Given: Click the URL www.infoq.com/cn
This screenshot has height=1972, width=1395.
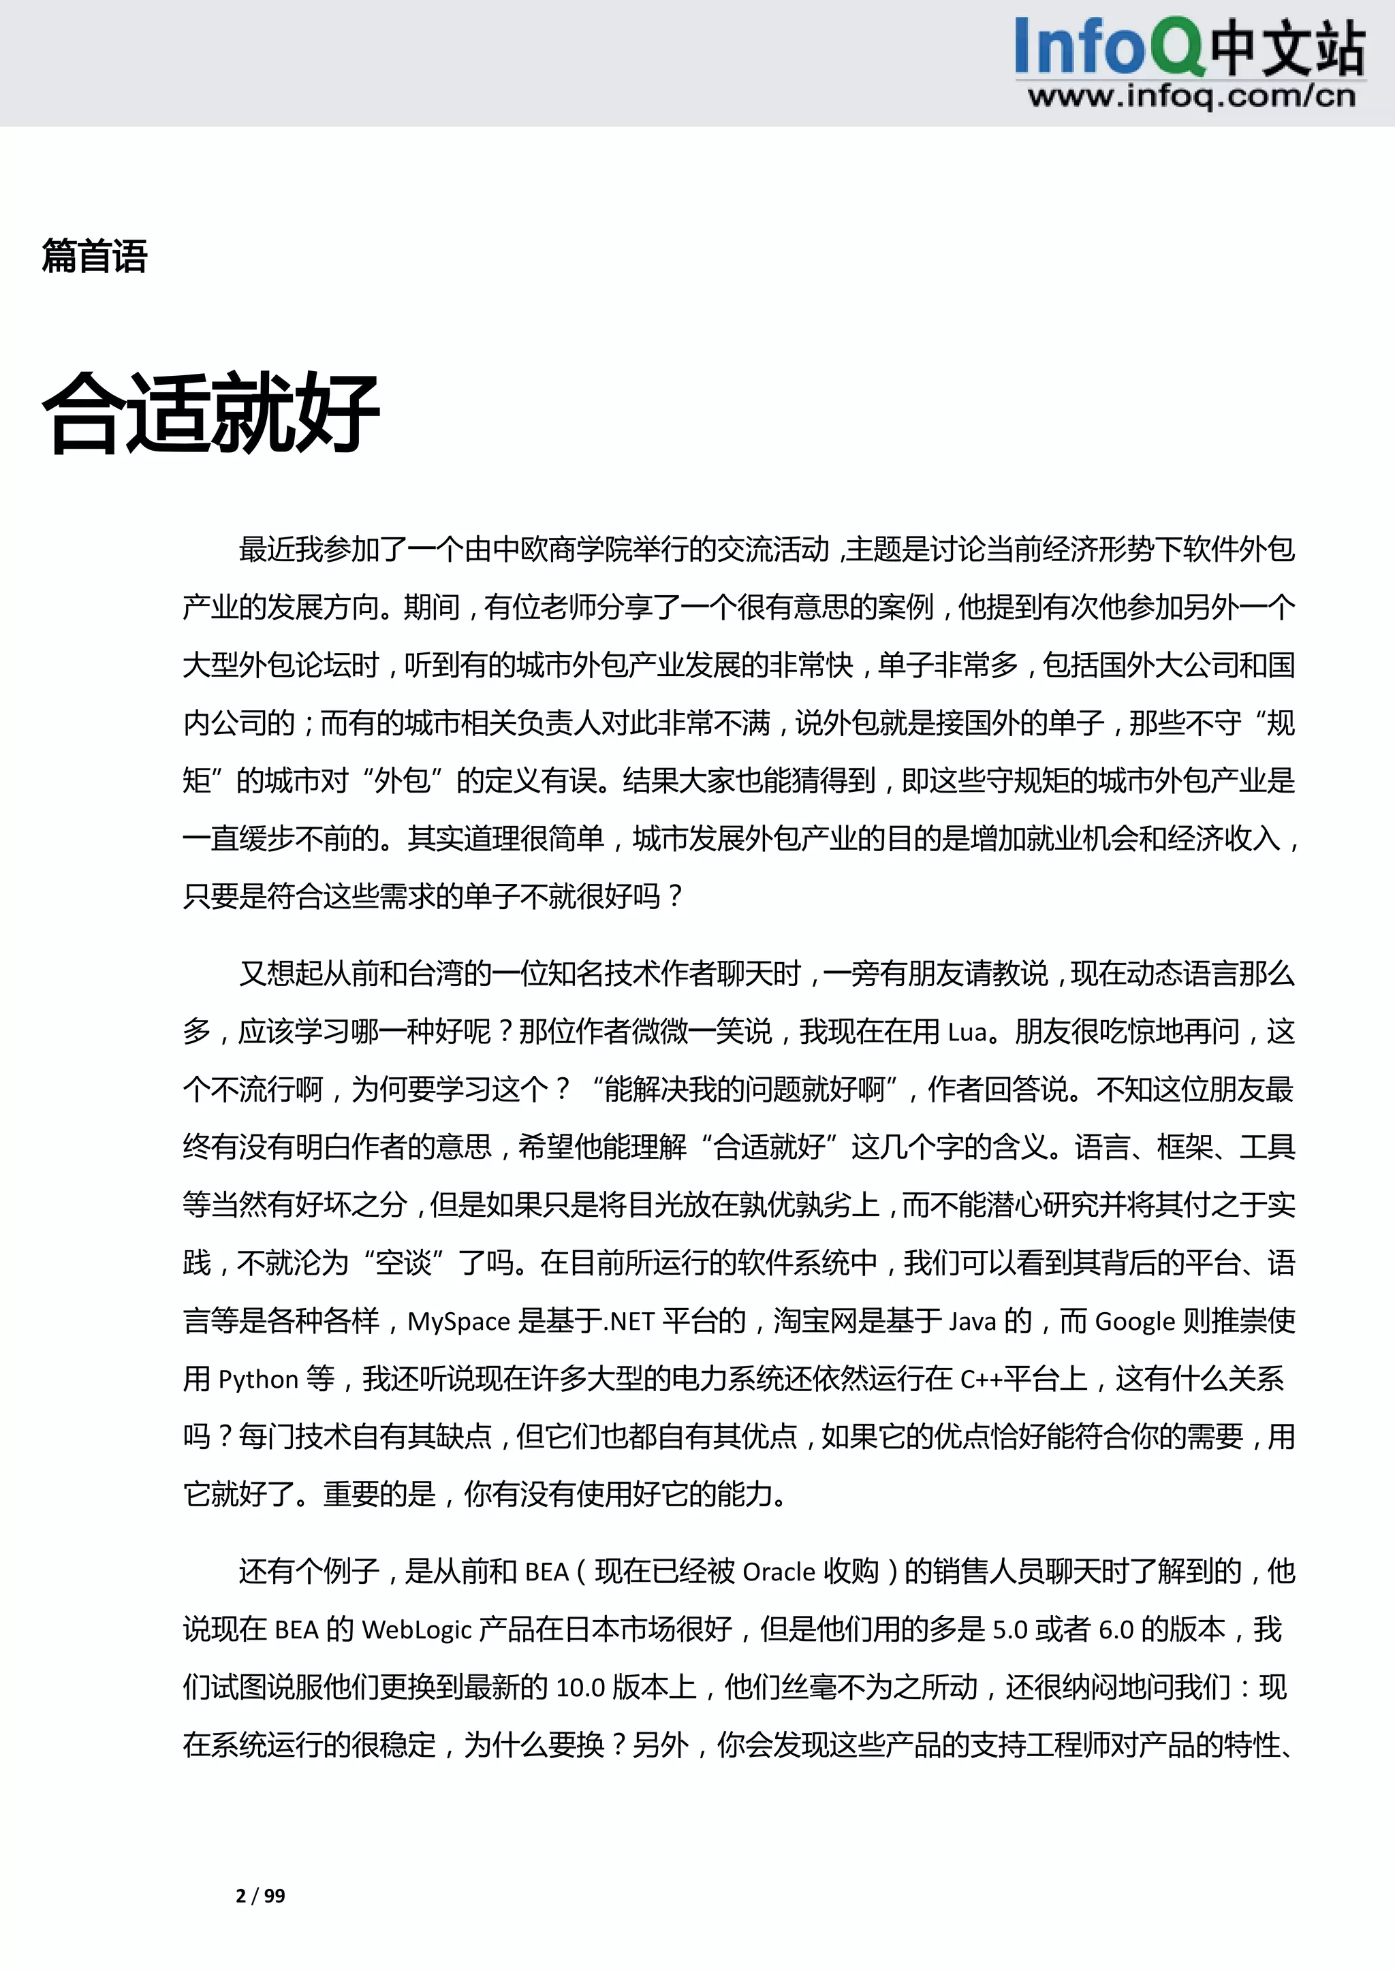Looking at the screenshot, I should click(x=1191, y=95).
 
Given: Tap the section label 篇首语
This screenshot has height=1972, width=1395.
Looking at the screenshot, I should click(x=95, y=256).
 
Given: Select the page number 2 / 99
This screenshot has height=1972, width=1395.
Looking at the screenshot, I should click(x=260, y=1896).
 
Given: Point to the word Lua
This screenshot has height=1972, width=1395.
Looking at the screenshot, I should click(x=967, y=1032).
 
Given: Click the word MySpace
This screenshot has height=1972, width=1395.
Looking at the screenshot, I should click(x=458, y=1321).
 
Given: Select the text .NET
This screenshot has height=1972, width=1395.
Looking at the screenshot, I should click(x=631, y=1321).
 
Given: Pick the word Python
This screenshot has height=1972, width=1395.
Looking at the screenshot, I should click(x=257, y=1380).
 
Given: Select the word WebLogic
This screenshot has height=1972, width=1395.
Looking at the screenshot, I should click(x=418, y=1629).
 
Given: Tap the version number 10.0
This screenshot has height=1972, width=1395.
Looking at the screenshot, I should click(x=580, y=1688).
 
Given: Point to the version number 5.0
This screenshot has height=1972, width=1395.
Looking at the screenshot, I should click(x=1010, y=1629).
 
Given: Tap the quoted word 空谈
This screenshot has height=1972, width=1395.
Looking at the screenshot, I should click(x=404, y=1263).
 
